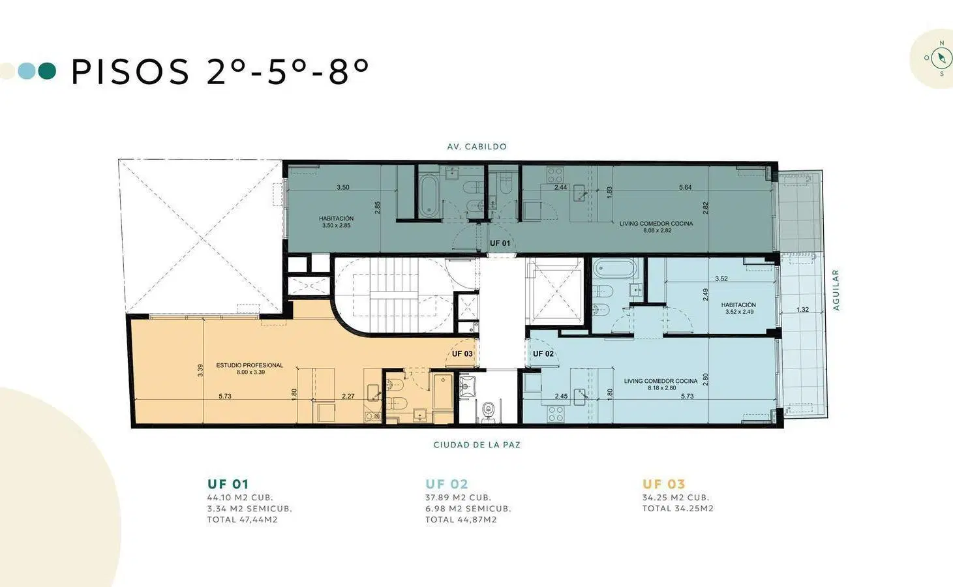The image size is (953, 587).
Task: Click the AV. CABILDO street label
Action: coord(476,147)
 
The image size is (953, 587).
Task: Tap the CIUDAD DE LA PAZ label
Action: coord(476,445)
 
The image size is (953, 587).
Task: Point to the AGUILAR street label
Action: coord(836,290)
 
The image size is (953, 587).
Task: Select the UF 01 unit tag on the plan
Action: coord(500,243)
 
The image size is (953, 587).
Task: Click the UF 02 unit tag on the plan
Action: coord(543,354)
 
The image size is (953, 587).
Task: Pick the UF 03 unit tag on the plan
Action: coord(462,354)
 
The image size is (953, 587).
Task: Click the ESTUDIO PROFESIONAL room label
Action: coord(249,365)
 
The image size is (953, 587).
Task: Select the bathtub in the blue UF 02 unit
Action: coord(615,269)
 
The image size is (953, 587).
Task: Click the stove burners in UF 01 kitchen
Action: coord(555,174)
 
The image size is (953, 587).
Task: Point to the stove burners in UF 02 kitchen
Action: coord(555,414)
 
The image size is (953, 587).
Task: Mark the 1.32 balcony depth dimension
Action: coord(802,310)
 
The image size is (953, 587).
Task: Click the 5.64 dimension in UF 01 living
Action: coord(685,187)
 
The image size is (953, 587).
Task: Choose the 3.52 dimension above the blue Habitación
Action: coord(721,278)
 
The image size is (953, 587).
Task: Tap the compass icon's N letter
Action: coord(941,43)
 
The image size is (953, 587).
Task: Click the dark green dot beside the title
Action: coord(47,71)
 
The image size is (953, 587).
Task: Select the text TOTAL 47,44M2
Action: coord(242,519)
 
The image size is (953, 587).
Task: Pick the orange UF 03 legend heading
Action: coord(663,484)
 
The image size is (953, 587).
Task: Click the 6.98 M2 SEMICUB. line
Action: coord(468,508)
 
